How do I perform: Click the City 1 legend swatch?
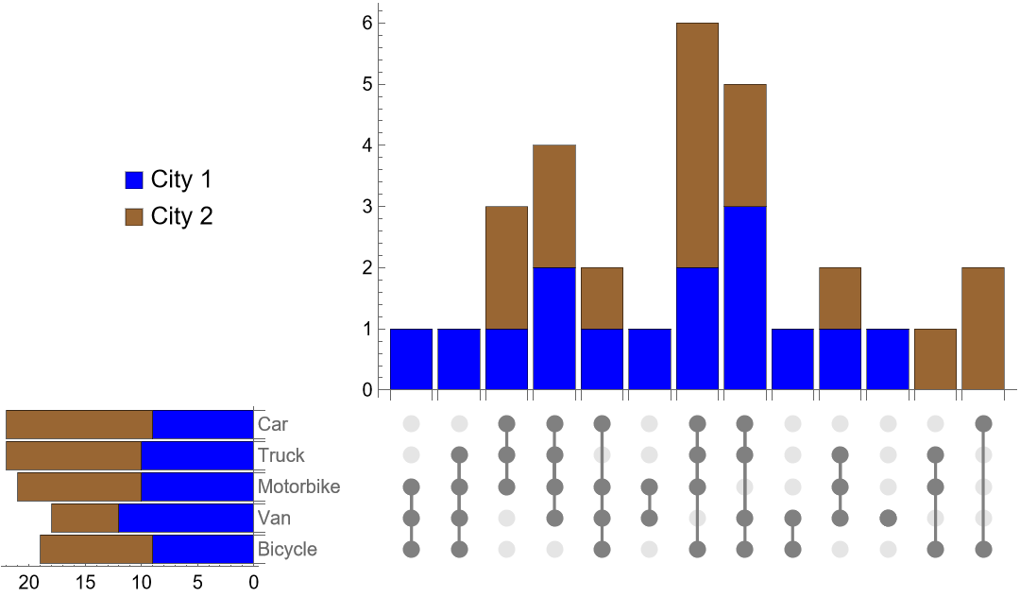click(x=134, y=180)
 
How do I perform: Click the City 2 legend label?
click(x=181, y=216)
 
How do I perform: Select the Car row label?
click(x=273, y=424)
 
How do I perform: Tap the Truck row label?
click(x=281, y=455)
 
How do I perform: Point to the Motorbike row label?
click(x=298, y=486)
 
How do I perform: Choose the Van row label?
click(x=274, y=518)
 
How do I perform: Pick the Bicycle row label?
click(x=287, y=549)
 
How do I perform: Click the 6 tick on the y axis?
click(x=366, y=23)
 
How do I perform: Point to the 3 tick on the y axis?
click(x=366, y=206)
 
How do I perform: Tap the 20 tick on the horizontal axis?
click(x=29, y=583)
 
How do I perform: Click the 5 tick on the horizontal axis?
click(x=197, y=583)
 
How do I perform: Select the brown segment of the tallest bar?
click(x=697, y=145)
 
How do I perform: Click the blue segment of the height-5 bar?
click(x=745, y=298)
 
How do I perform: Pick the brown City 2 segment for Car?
click(x=79, y=424)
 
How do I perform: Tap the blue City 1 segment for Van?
click(x=185, y=518)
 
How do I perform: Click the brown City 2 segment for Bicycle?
click(x=96, y=549)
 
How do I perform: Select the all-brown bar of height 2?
click(x=983, y=329)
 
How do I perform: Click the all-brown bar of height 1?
click(x=936, y=359)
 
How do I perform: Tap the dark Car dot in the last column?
click(x=983, y=422)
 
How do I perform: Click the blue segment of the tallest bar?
click(x=697, y=329)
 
